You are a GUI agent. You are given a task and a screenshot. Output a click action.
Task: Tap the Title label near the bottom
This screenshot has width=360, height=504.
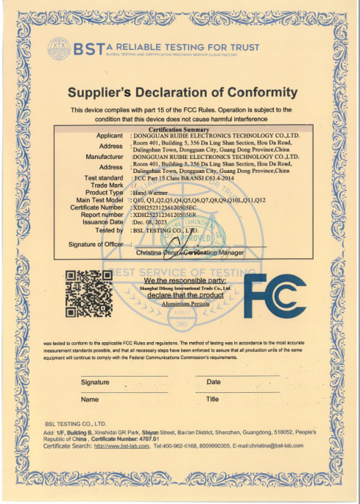(x=213, y=399)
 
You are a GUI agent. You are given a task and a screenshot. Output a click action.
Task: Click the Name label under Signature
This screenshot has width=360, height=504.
(x=90, y=399)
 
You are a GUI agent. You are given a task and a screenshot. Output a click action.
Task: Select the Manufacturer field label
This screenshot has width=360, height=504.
(x=104, y=157)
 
